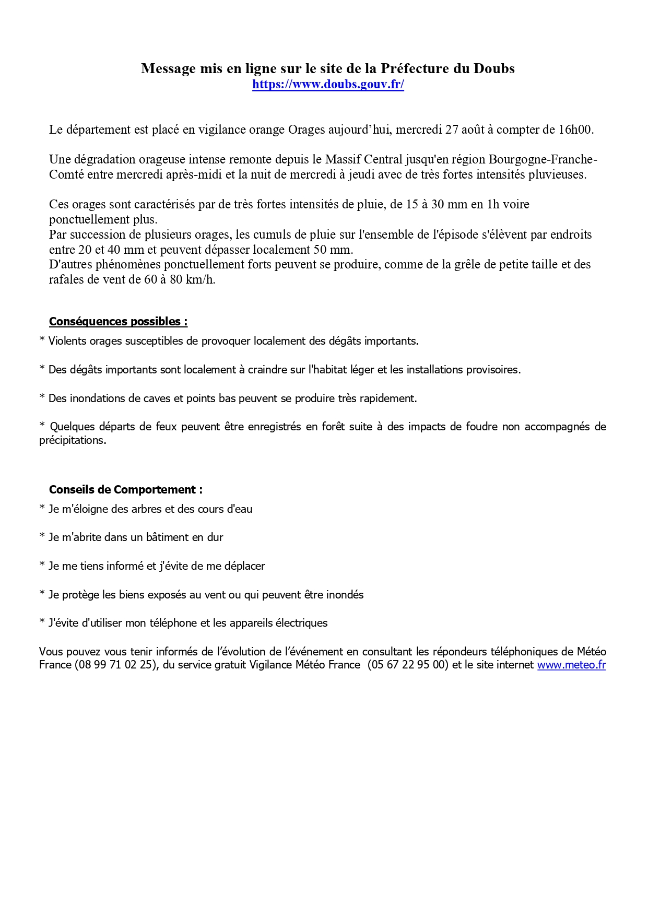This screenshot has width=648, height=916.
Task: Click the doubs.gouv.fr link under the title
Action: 328,85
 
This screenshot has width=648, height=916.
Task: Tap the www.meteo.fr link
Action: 571,665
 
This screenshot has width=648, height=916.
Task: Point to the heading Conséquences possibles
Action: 118,321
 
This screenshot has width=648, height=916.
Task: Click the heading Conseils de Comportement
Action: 125,489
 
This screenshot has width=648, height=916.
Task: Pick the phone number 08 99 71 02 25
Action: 115,665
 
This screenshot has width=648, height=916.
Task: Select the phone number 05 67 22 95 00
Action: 408,665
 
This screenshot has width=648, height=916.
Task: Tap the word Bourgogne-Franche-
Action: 543,159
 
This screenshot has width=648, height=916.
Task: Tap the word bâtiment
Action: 171,537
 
